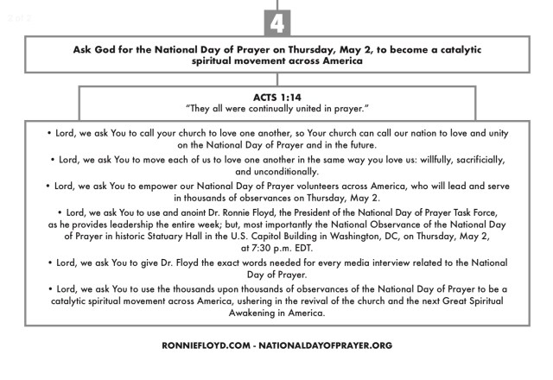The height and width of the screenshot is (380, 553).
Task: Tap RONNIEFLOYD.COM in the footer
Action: [208, 345]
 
